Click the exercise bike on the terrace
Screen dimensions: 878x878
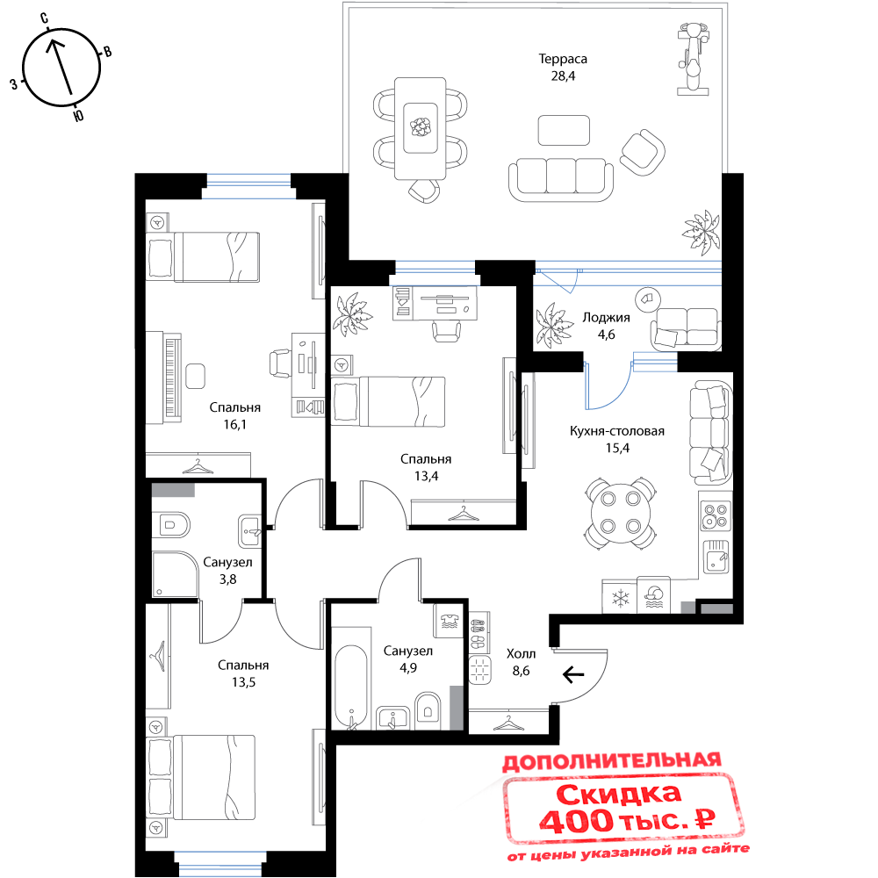point(693,59)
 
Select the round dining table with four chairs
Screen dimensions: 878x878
point(621,513)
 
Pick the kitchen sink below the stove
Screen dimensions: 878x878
point(716,558)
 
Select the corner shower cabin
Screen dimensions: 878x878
point(173,573)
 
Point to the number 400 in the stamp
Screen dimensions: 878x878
point(576,822)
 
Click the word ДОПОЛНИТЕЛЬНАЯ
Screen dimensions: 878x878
point(611,761)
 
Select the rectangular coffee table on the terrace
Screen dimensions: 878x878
point(564,130)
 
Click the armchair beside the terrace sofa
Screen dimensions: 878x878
point(642,152)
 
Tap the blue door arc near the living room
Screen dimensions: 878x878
point(606,386)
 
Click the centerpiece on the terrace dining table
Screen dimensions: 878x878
point(421,125)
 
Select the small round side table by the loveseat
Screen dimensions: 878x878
point(648,299)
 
